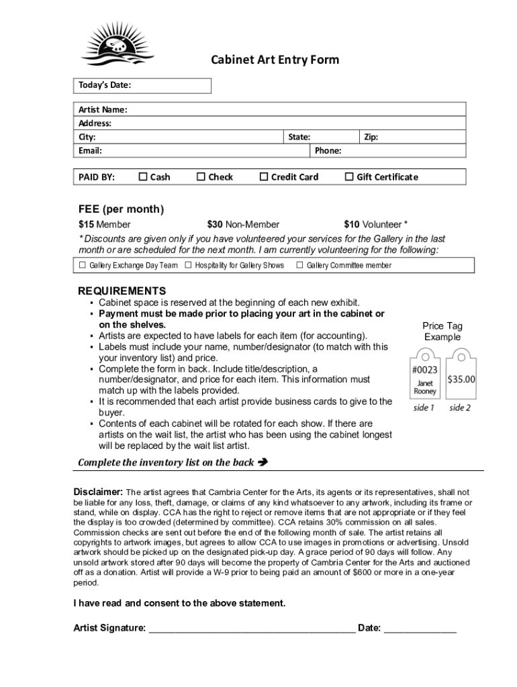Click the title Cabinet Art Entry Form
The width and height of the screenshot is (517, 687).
275,60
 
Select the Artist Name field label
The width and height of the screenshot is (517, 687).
103,109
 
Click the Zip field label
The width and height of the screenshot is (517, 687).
371,137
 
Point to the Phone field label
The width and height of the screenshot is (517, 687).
328,150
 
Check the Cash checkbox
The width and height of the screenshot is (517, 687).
142,177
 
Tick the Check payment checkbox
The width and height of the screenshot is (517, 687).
201,177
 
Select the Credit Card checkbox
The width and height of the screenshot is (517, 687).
264,177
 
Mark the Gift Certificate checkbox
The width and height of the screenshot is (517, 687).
348,177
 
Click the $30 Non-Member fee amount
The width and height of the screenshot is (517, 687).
243,225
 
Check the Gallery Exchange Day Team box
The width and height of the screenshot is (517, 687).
83,266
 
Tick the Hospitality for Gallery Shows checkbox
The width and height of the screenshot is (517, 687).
189,266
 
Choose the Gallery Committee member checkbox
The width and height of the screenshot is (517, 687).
299,266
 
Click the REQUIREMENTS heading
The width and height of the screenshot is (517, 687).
122,291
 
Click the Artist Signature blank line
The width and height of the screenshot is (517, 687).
252,628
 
